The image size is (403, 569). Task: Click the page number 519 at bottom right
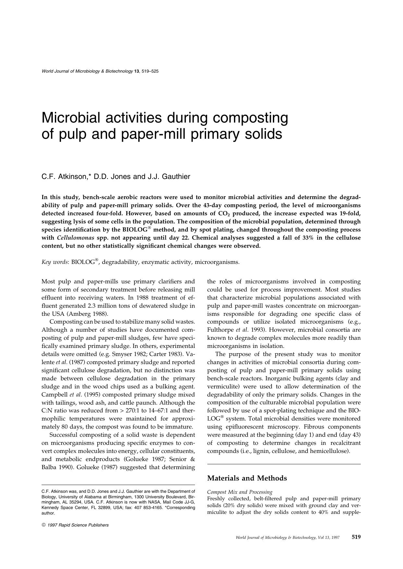(x=356, y=537)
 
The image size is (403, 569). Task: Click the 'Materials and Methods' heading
(x=247, y=478)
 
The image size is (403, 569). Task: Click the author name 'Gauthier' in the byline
(x=177, y=177)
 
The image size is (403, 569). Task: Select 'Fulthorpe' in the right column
(x=221, y=330)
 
